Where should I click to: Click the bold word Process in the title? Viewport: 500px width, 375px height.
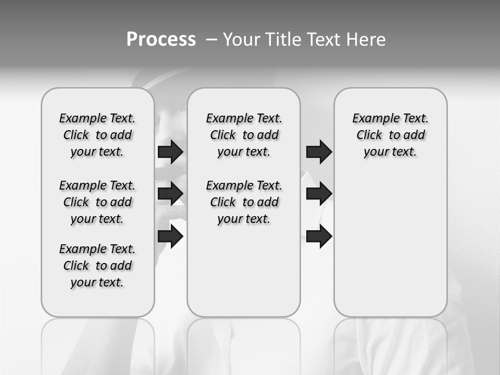[161, 40]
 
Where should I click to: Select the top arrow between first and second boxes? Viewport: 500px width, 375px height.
[170, 152]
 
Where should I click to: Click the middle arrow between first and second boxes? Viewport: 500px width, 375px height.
[170, 194]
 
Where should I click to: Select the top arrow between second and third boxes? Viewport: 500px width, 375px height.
[319, 152]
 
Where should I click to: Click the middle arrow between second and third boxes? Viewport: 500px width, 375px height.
[319, 194]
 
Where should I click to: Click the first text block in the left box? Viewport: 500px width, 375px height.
[97, 135]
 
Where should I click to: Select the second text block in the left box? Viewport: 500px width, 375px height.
[97, 202]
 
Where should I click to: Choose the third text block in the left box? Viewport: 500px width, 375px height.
[97, 266]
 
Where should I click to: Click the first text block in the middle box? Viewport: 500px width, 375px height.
[244, 135]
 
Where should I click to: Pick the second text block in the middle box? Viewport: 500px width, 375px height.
[244, 202]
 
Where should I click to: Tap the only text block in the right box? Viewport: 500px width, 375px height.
[390, 135]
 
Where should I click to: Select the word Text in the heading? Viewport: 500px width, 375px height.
[324, 40]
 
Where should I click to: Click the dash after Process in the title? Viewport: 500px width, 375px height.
[211, 40]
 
